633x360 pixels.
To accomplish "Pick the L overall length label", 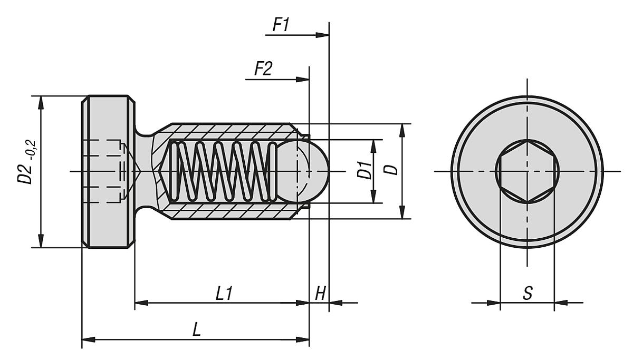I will (x=196, y=329).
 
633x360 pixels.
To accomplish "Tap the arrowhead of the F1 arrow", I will (x=322, y=35).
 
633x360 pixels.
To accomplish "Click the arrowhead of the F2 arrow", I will (x=303, y=80).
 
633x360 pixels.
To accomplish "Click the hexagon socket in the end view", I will (x=527, y=171).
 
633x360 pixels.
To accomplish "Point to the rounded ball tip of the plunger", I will (x=316, y=171).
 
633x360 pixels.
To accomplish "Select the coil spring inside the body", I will (x=222, y=171).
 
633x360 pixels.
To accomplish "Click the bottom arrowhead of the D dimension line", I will (x=402, y=213).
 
